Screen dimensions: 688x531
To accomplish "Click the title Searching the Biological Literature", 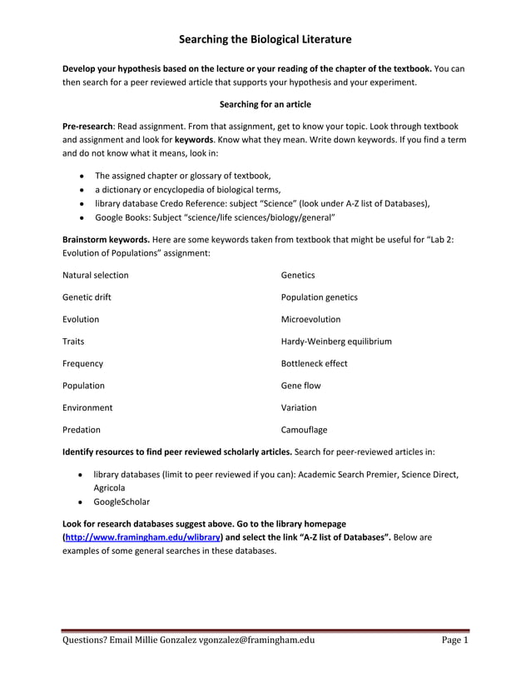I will tap(265, 39).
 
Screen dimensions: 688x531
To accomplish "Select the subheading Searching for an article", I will tap(265, 104).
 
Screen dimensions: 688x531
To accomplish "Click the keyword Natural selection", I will tap(96, 275).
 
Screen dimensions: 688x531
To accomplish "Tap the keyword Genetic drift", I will tap(87, 297).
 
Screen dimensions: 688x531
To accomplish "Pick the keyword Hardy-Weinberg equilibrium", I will tap(336, 342).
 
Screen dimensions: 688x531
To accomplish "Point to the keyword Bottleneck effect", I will tap(315, 363).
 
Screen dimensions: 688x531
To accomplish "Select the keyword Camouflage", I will tap(305, 430).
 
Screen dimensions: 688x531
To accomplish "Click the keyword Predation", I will tap(82, 430).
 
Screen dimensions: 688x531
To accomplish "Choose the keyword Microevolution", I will tap(310, 319).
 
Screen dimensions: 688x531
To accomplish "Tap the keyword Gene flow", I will tap(300, 386).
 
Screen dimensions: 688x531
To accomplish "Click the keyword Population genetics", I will tap(320, 297).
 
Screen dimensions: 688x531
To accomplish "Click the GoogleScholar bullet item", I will tap(122, 501).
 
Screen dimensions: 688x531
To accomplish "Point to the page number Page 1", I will tap(454, 641).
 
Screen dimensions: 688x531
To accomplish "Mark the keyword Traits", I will tap(73, 342).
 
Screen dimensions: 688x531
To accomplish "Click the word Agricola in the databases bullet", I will tap(110, 487).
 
